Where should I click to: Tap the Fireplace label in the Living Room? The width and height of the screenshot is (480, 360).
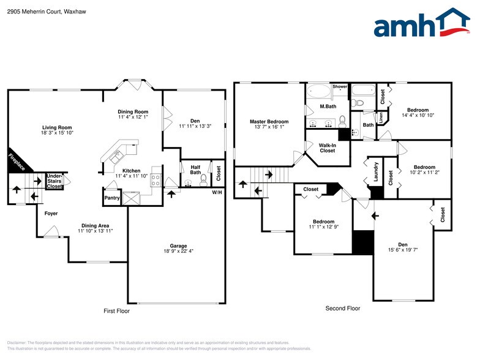tap(17, 162)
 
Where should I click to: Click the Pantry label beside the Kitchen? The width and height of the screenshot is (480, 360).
tap(112, 198)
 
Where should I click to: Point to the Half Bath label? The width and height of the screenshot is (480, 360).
tap(196, 170)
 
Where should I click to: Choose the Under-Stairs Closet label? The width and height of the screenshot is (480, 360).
tap(55, 181)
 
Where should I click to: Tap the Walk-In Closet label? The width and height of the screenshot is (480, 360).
tap(327, 148)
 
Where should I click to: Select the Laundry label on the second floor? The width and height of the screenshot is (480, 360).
tap(375, 172)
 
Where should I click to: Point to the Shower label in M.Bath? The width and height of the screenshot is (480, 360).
tap(340, 87)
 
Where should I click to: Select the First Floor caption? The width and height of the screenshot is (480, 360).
tap(116, 311)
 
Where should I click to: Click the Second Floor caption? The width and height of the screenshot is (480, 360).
tap(342, 309)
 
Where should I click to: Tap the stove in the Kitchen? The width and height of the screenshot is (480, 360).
tap(155, 179)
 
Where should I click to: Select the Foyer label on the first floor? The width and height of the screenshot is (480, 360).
tap(51, 214)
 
